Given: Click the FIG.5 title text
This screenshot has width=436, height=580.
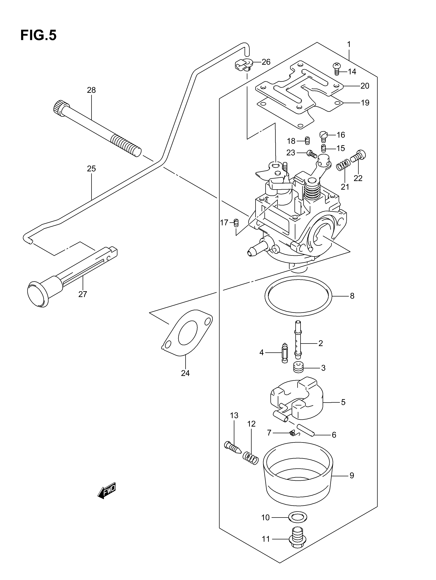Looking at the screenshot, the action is tap(38, 35).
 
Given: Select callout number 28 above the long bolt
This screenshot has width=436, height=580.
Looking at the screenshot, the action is tap(91, 90).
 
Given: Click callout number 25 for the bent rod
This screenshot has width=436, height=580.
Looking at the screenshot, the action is tap(91, 169).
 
